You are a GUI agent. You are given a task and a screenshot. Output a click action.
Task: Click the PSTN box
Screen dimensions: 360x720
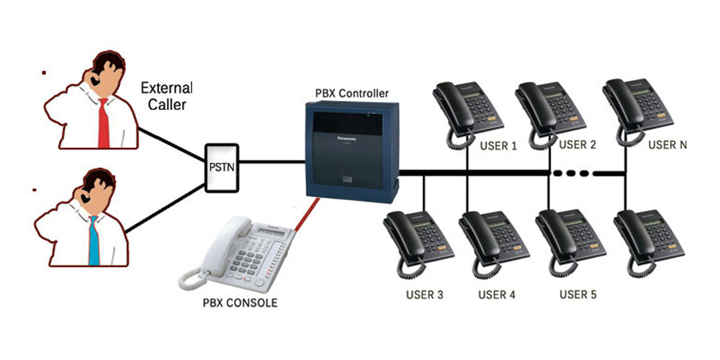(222, 168)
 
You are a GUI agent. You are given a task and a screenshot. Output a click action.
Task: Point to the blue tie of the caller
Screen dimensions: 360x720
(93, 241)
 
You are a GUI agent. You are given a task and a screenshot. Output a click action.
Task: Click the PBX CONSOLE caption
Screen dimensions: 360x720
(240, 303)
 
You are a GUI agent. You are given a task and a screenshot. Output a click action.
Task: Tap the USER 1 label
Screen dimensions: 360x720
(497, 146)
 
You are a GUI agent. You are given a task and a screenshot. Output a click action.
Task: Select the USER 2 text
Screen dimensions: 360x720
(577, 145)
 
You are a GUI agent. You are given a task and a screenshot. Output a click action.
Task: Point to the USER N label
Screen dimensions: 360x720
(667, 145)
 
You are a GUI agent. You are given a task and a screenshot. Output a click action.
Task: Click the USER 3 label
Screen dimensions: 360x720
(424, 295)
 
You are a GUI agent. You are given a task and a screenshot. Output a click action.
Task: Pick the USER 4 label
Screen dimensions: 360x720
(497, 295)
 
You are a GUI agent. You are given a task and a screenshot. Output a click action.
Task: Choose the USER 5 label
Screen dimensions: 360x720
(578, 294)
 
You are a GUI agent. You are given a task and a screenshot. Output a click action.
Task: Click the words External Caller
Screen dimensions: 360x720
(167, 96)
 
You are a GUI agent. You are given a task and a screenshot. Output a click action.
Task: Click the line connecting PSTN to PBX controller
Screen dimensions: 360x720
(271, 162)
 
